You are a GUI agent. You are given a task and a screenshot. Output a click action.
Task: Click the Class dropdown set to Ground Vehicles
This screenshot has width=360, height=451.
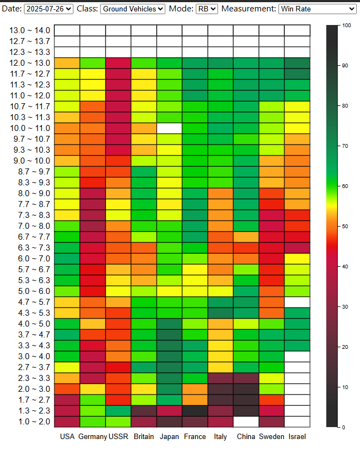[x=133, y=9]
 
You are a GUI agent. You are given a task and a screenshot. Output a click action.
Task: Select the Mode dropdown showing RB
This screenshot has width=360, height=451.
[x=207, y=9]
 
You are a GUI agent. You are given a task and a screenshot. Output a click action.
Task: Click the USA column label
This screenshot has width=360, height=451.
[x=67, y=436]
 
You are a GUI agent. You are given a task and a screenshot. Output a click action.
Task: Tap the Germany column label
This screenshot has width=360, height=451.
[x=92, y=436]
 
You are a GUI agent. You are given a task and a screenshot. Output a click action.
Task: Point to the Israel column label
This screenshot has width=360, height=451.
[x=296, y=436]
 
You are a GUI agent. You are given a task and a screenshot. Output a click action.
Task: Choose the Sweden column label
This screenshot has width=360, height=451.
[x=271, y=436]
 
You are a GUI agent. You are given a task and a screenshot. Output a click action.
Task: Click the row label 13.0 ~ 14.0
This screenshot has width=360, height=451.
[x=30, y=30]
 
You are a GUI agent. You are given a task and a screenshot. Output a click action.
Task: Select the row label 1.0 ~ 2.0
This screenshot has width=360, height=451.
[x=30, y=422]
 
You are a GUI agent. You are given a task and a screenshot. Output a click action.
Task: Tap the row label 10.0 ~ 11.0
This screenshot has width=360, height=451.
[x=30, y=128]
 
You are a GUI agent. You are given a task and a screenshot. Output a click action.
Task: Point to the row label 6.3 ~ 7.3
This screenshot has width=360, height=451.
[x=30, y=248]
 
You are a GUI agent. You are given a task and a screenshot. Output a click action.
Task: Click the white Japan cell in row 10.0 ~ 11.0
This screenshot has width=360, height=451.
[x=169, y=128]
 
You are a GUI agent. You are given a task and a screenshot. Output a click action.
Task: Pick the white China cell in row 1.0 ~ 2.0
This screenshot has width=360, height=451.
[x=246, y=422]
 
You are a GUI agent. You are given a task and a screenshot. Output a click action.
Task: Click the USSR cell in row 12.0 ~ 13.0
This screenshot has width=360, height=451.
[x=118, y=63]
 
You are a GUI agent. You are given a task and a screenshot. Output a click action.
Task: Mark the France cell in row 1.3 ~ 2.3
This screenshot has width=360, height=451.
[x=195, y=411]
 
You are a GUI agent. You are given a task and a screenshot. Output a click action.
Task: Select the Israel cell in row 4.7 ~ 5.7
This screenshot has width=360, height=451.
[x=297, y=302]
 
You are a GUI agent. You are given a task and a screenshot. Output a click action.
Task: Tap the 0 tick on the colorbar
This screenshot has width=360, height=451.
[x=344, y=427]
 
